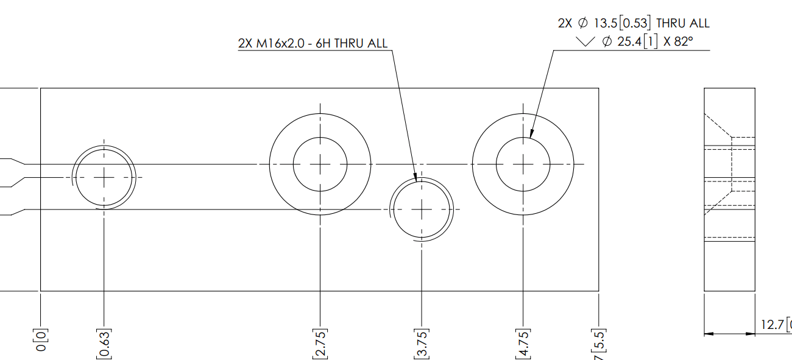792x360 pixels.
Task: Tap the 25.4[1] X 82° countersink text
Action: (647, 42)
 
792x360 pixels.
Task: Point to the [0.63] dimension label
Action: (104, 344)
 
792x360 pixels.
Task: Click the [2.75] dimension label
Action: (320, 344)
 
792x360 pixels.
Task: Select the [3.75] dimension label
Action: (421, 344)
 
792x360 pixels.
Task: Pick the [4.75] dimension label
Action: (523, 344)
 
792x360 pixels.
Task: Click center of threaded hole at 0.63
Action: (104, 177)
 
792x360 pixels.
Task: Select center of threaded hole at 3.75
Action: (421, 209)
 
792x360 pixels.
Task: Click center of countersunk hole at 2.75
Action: (320, 164)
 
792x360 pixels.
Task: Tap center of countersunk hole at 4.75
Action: (523, 164)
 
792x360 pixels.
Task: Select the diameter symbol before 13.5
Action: (582, 23)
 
